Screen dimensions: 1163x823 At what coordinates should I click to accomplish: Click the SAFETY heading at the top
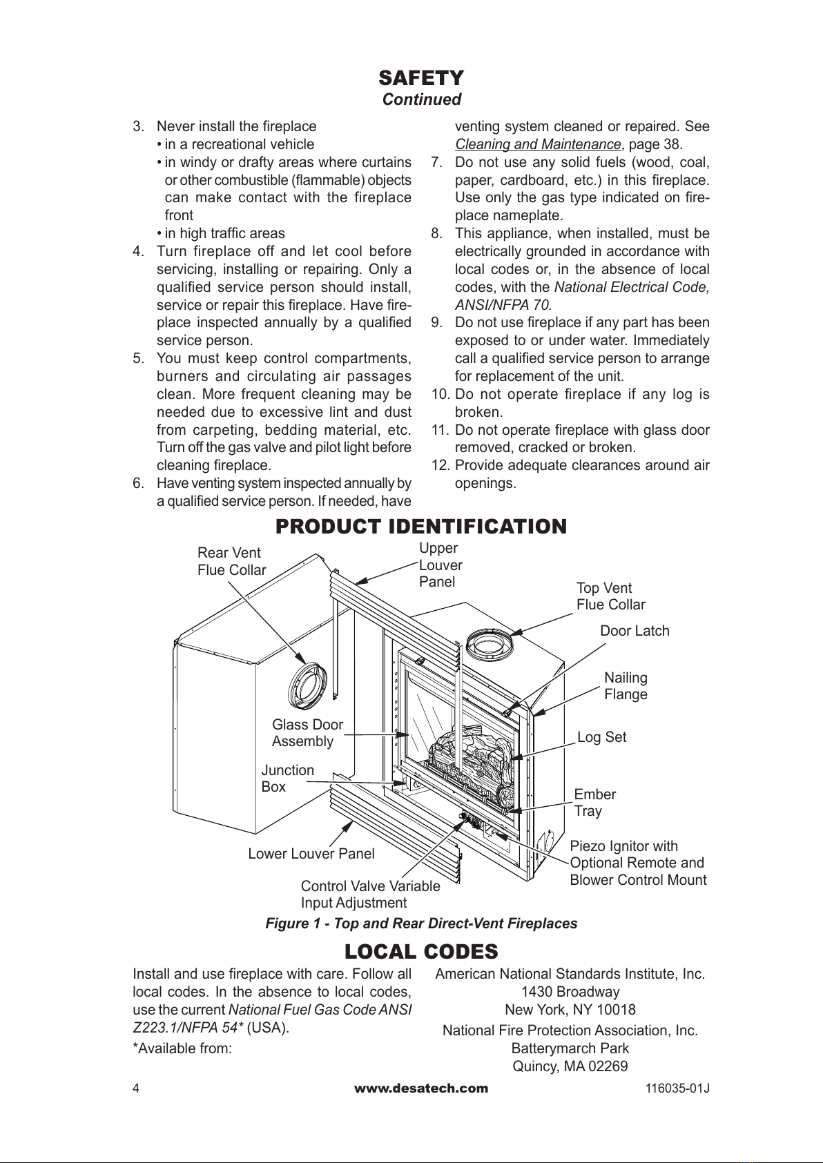click(x=421, y=77)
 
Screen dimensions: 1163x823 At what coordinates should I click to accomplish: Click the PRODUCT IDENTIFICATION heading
click(x=421, y=527)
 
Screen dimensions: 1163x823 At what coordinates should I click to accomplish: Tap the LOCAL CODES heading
click(x=421, y=952)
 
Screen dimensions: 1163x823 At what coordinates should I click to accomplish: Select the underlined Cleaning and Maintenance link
click(x=538, y=145)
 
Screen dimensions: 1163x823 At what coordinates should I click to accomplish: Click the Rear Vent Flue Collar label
click(x=231, y=561)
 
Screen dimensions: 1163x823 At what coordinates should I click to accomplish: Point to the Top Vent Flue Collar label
click(x=610, y=596)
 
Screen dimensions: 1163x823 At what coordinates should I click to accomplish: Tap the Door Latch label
click(x=635, y=631)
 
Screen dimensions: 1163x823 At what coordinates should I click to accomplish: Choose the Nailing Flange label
click(x=626, y=686)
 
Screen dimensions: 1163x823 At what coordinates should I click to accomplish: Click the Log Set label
click(x=601, y=737)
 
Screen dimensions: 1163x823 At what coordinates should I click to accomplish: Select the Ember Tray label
click(x=594, y=803)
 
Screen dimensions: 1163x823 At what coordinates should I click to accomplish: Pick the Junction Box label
click(x=287, y=779)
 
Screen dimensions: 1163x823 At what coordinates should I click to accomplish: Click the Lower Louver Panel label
click(x=311, y=854)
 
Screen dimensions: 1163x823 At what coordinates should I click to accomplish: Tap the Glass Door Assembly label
click(x=307, y=733)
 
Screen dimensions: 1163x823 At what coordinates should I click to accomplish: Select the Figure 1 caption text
click(x=421, y=923)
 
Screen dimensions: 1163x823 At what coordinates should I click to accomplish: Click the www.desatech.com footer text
click(x=421, y=1088)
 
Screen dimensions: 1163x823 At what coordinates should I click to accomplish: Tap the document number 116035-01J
click(x=677, y=1089)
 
